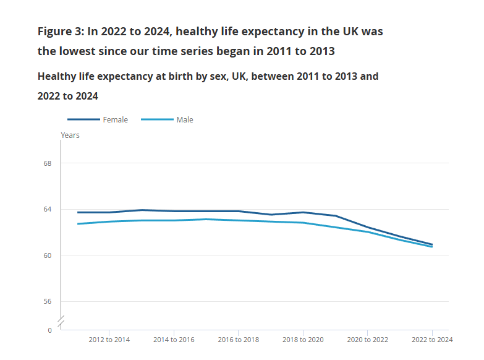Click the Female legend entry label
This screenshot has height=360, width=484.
click(115, 119)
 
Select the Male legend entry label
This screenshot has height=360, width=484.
click(185, 119)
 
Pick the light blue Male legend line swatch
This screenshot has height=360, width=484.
click(157, 119)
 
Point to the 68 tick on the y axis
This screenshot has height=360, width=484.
click(48, 163)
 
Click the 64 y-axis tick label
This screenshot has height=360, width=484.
click(48, 209)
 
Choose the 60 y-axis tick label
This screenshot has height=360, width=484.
click(48, 255)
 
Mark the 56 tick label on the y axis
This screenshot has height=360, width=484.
click(48, 301)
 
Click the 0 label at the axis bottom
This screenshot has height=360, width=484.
click(50, 330)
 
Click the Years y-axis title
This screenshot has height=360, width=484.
click(70, 135)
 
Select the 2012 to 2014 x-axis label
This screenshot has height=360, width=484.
click(109, 340)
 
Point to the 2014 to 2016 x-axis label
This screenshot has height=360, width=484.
click(174, 340)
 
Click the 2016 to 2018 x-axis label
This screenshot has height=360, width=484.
click(238, 340)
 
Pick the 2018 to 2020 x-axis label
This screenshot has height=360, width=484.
click(303, 340)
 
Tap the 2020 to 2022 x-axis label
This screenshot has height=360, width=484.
click(367, 340)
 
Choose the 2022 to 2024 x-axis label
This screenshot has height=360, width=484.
click(431, 340)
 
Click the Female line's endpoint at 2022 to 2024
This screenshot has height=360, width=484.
click(431, 244)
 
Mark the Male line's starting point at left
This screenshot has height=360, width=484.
click(77, 224)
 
